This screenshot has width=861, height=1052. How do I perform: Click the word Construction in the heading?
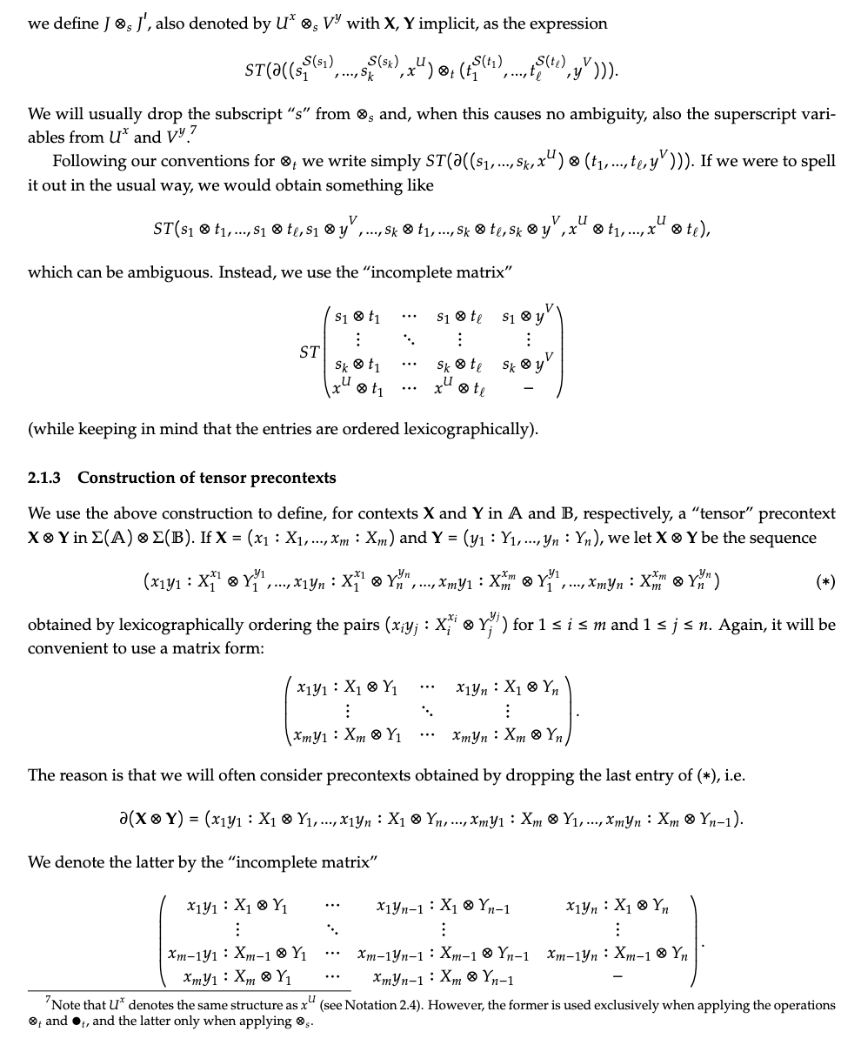pyautogui.click(x=123, y=478)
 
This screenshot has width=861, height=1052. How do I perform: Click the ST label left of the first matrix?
pyautogui.click(x=309, y=352)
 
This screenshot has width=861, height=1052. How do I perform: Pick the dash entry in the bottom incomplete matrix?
pyautogui.click(x=617, y=979)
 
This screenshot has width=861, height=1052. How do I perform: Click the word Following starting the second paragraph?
pyautogui.click(x=85, y=161)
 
